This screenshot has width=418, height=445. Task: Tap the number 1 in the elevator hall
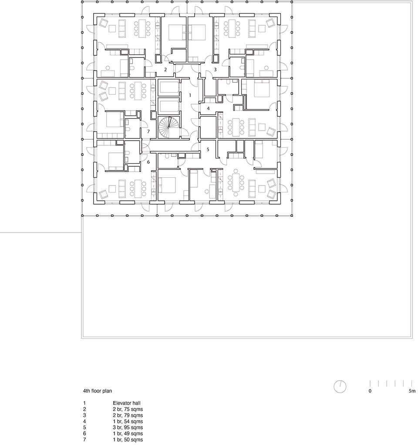(190, 95)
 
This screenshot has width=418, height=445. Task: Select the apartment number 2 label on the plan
(165, 70)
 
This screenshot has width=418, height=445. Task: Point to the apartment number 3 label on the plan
(215, 69)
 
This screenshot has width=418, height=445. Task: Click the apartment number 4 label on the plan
(208, 108)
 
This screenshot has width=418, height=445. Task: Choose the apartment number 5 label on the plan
(208, 149)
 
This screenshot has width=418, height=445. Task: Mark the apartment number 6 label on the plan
(148, 162)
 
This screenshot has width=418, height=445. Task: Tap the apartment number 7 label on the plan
(148, 131)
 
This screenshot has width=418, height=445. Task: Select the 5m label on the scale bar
(412, 391)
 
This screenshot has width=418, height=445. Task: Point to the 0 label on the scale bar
(370, 391)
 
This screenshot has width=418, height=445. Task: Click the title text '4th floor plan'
(98, 391)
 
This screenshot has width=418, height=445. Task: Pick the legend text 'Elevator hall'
(127, 403)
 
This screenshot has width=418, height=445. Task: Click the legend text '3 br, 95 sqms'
(128, 428)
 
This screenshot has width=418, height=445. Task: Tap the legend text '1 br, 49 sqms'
(128, 434)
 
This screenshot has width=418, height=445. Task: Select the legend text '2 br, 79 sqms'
(128, 415)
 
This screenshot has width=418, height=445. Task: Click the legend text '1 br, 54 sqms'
(128, 421)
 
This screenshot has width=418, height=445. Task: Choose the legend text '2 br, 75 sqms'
(128, 409)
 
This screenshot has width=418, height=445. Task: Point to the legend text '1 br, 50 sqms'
(128, 440)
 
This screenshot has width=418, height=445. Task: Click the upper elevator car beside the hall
(169, 88)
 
